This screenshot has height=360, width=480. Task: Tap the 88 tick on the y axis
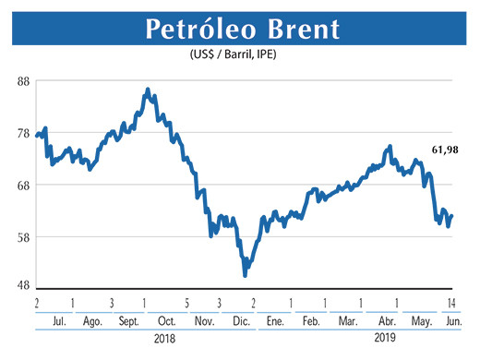point(24,80)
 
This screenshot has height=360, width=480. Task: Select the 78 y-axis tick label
point(24,133)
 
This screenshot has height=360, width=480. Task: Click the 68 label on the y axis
point(24,185)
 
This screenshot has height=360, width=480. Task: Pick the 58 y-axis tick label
point(24,237)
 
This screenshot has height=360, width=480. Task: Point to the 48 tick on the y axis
point(24,286)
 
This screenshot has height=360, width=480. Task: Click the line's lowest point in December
point(245,275)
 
